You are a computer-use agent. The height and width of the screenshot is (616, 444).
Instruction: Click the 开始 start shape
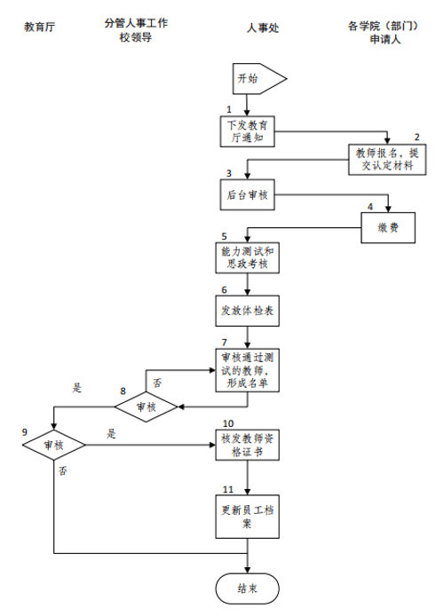click(x=259, y=79)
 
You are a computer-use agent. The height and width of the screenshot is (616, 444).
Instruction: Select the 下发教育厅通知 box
click(x=247, y=131)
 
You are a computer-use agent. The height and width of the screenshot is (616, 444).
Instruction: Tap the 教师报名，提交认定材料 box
click(x=387, y=160)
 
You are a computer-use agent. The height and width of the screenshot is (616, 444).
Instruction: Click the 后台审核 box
click(x=247, y=195)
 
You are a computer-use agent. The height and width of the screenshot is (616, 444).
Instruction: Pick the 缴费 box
click(x=388, y=228)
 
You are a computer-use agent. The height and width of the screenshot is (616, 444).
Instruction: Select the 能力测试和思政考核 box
click(x=247, y=257)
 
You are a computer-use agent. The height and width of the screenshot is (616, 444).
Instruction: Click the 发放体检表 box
click(x=247, y=311)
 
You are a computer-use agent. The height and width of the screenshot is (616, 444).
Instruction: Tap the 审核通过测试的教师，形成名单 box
click(x=247, y=370)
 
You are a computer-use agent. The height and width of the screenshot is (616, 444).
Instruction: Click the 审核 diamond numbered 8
click(x=147, y=407)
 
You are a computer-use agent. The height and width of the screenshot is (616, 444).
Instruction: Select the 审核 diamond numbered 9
click(x=54, y=445)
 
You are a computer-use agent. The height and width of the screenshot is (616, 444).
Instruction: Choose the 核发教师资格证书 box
click(x=247, y=445)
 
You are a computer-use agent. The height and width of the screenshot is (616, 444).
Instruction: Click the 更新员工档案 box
click(x=247, y=517)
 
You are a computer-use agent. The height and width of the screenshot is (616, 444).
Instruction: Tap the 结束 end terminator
click(x=247, y=588)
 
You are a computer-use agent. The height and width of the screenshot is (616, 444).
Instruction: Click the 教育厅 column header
click(x=39, y=28)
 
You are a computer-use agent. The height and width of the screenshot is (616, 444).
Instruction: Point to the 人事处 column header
click(x=263, y=28)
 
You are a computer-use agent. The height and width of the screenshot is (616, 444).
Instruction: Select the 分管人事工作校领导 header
click(x=136, y=30)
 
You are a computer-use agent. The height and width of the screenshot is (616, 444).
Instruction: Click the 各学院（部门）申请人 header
click(x=384, y=33)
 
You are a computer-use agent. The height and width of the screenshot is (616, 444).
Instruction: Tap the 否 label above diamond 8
click(x=157, y=383)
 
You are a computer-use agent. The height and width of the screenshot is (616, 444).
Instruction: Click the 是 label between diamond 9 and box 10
click(x=112, y=434)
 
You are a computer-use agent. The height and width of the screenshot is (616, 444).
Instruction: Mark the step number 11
click(x=228, y=489)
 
